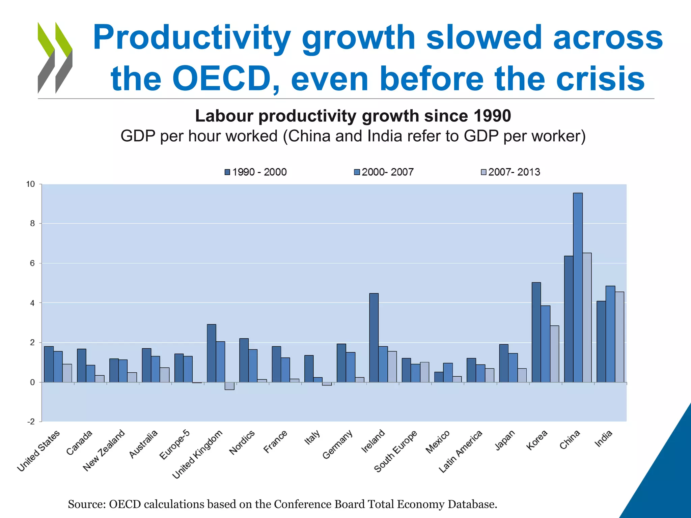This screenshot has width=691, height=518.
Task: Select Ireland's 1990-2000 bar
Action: pyautogui.click(x=374, y=338)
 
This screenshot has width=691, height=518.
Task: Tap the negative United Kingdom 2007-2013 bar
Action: pyautogui.click(x=229, y=386)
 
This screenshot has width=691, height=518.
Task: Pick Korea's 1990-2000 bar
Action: pyautogui.click(x=536, y=332)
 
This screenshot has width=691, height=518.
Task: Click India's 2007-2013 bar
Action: pyautogui.click(x=619, y=337)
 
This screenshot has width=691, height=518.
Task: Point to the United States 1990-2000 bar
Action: pyautogui.click(x=49, y=364)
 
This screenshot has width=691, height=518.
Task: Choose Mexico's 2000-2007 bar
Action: pyautogui.click(x=448, y=373)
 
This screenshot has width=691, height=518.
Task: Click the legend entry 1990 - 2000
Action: pyautogui.click(x=255, y=172)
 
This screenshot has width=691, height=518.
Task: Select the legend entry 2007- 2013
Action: pyautogui.click(x=510, y=172)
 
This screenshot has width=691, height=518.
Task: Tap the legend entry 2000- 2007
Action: pyautogui.click(x=384, y=172)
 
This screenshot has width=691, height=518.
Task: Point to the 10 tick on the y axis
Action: pyautogui.click(x=30, y=184)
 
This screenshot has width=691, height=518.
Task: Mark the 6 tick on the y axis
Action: pyautogui.click(x=32, y=263)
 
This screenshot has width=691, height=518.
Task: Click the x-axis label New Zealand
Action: pyautogui.click(x=104, y=451)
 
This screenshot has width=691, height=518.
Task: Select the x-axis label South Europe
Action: pyautogui.click(x=395, y=452)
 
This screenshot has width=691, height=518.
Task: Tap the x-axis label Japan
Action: pyautogui.click(x=505, y=440)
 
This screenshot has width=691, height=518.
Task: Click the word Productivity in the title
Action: pyautogui.click(x=191, y=38)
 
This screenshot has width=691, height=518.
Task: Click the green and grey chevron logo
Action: pyautogui.click(x=55, y=58)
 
